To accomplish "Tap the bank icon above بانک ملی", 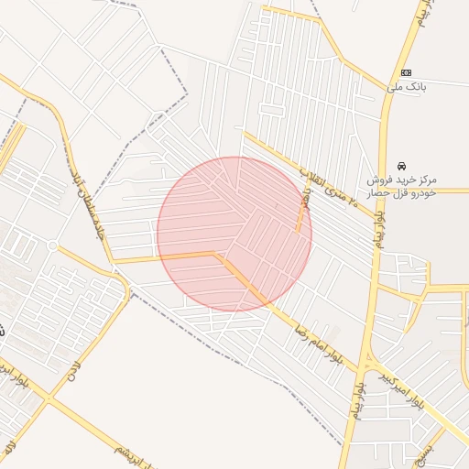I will pos(406,73).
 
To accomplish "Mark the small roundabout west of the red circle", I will pos(53,245).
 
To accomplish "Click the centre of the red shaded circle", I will pos(234,234).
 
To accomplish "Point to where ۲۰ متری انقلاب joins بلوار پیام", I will pos(376,220).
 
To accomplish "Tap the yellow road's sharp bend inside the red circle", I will pos(217,254).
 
